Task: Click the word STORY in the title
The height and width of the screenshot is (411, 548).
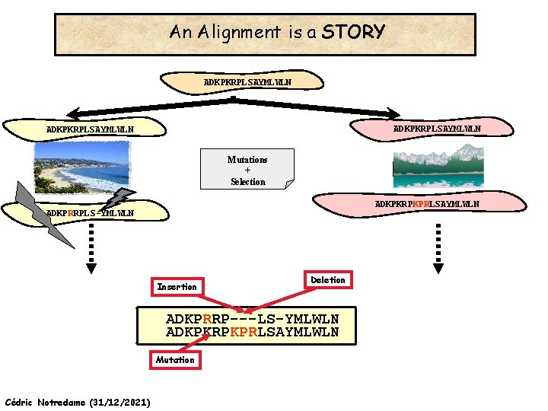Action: pos(353,32)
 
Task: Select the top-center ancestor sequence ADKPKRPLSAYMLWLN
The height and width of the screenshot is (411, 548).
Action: pos(247,81)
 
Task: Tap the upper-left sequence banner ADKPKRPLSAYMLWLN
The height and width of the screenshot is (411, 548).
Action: pos(90,129)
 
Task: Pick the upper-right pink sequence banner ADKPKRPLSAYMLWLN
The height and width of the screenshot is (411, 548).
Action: pos(436,129)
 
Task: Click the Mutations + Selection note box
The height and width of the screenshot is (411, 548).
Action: pos(247,170)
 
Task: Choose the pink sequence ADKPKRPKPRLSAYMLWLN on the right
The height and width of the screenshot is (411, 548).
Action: pos(426,204)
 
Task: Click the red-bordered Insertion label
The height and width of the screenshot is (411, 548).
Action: pos(177,287)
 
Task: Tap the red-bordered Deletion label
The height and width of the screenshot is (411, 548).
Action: pos(328,280)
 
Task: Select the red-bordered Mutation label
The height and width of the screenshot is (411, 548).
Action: pos(175,359)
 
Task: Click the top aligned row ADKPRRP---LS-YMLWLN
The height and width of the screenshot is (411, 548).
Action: pos(252,318)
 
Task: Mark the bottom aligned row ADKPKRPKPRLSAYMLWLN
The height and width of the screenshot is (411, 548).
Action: pos(252,333)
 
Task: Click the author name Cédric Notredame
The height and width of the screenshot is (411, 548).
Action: pos(46,401)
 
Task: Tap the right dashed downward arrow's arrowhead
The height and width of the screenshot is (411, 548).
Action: pos(438,267)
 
